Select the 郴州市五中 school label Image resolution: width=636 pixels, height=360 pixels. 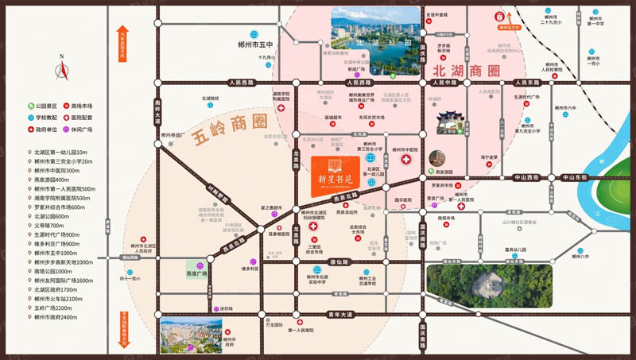point(256,45)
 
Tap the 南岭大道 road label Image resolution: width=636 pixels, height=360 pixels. point(157,112)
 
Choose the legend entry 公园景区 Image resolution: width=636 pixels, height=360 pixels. point(46,105)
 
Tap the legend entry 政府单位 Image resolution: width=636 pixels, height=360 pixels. point(46,129)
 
